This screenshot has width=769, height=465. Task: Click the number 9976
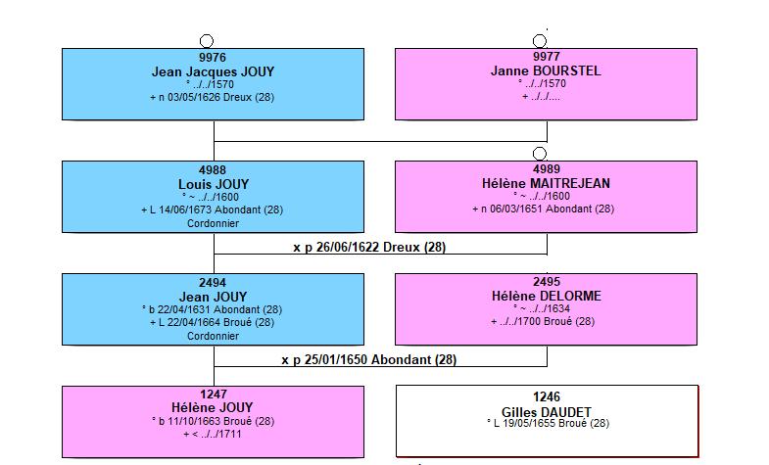click(213, 58)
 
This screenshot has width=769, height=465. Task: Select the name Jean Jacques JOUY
click(213, 71)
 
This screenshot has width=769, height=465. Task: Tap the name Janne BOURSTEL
click(546, 70)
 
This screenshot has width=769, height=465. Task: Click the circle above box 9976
click(207, 41)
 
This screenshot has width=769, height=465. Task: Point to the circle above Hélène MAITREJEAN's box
click(540, 154)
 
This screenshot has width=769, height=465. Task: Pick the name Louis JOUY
click(214, 184)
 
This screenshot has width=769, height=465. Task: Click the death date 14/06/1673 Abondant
click(213, 209)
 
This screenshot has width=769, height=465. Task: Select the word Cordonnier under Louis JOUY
click(213, 223)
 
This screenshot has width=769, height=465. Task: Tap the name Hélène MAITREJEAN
click(546, 183)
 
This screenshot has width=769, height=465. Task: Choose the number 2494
click(213, 283)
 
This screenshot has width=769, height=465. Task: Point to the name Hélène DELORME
click(547, 296)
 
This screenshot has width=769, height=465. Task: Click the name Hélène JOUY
click(213, 407)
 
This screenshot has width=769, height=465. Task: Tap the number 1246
click(547, 396)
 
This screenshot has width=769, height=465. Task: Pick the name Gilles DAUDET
click(547, 412)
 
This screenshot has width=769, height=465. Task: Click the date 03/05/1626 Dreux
click(212, 97)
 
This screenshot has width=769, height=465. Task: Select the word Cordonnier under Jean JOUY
click(213, 336)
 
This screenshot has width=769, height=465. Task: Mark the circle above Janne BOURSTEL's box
click(540, 41)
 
